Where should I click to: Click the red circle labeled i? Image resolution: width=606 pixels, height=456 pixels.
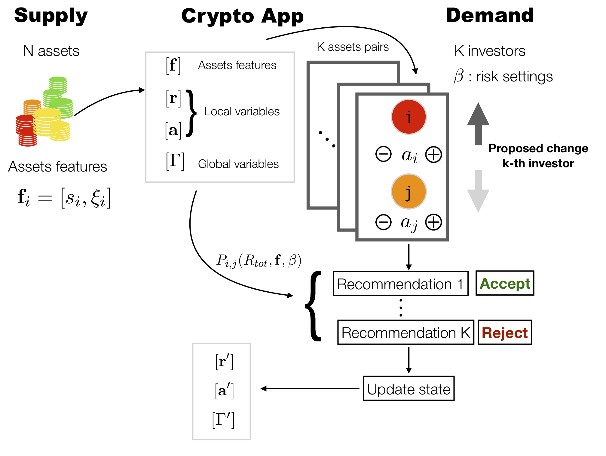(x=409, y=117)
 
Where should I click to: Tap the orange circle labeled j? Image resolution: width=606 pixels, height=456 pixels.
(x=409, y=191)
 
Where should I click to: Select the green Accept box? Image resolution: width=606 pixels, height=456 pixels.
(x=505, y=283)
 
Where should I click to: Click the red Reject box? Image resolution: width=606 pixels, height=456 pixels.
(x=505, y=332)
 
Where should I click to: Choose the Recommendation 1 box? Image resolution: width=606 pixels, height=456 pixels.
(x=401, y=284)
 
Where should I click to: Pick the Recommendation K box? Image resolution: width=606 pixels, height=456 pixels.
(x=406, y=332)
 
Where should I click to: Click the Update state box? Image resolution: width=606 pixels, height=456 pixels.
(x=409, y=388)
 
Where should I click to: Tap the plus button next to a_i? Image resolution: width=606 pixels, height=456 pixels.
(x=433, y=155)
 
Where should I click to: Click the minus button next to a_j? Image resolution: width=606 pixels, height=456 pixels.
(x=384, y=222)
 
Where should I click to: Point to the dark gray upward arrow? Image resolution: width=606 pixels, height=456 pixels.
(x=478, y=123)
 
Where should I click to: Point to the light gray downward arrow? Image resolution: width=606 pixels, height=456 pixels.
(x=478, y=191)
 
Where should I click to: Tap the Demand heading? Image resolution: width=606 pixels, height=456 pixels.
(x=490, y=15)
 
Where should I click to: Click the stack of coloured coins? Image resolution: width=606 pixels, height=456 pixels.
(x=44, y=111)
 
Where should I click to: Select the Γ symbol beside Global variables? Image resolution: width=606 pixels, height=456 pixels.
(x=175, y=161)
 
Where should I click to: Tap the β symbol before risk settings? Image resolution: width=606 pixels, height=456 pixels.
(x=459, y=76)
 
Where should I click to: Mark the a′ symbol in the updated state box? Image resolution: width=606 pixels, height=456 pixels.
(x=224, y=391)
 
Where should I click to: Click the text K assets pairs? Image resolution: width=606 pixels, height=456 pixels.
(x=353, y=47)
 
